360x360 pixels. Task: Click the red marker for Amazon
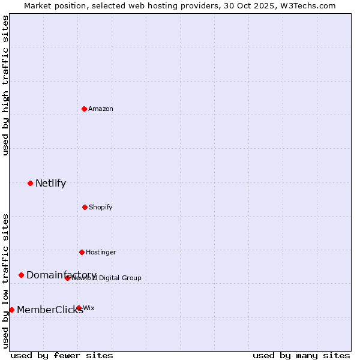[x=85, y=109]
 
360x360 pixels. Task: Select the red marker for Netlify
[x=30, y=183]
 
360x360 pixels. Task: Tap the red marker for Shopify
[x=85, y=207]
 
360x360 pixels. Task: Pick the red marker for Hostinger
[x=82, y=252]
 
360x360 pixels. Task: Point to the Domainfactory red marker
[x=21, y=275]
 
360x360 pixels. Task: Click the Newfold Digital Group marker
[x=68, y=278]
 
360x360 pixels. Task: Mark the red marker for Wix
[x=79, y=308]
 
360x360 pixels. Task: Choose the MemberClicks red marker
[x=11, y=310]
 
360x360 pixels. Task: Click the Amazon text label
[x=101, y=109]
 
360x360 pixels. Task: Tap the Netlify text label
[x=50, y=184]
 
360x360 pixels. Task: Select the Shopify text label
[x=101, y=208]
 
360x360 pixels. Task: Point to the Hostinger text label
[x=101, y=253]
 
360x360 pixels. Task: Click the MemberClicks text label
[x=50, y=310]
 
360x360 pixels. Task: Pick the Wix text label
[x=89, y=308]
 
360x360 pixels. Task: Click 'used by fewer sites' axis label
[x=62, y=355]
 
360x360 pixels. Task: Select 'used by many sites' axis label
[x=301, y=355]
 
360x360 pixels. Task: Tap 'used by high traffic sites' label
[x=6, y=85]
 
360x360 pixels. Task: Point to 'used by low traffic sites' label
[x=6, y=281]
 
